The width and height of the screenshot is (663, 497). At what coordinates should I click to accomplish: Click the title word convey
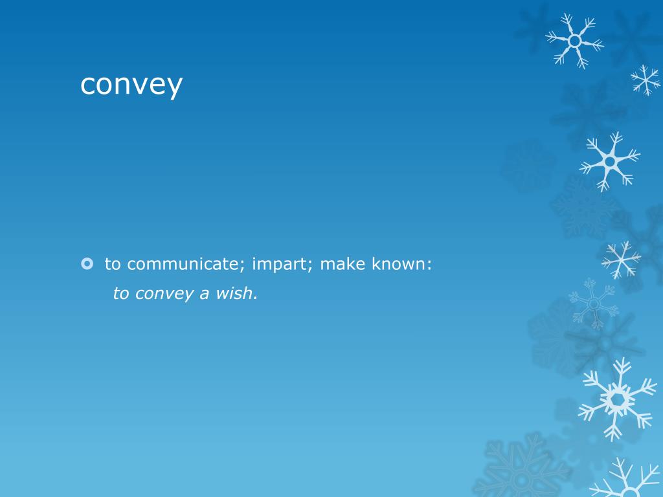pos(131,85)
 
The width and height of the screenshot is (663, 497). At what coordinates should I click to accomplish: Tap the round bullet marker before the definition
pos(88,263)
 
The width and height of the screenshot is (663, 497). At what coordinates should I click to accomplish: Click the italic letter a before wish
pos(204,294)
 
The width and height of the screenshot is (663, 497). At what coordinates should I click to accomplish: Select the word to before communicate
pos(113,264)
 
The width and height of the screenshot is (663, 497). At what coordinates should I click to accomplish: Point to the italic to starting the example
pos(121,294)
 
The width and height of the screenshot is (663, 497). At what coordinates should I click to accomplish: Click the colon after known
pos(429,265)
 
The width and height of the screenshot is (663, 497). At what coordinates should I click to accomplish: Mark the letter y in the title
pos(174,87)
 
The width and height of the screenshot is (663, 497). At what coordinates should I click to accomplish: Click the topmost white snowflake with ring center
pos(574,40)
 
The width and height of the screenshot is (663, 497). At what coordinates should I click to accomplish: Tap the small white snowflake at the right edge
pos(646,80)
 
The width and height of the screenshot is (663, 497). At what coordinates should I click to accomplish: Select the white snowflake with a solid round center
pos(609,160)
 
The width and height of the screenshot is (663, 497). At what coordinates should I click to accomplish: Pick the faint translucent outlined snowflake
pos(592,303)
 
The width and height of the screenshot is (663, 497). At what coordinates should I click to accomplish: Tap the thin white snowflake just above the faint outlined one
pos(620,259)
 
